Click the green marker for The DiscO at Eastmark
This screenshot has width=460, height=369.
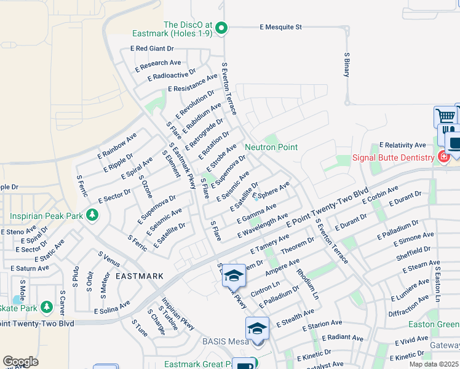(223, 27)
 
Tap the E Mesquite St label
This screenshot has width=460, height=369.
(281, 27)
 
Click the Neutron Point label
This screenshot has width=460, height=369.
(271, 147)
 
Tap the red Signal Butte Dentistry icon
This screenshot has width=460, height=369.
(443, 157)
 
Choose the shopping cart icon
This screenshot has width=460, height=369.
(445, 116)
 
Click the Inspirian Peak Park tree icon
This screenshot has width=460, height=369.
(92, 215)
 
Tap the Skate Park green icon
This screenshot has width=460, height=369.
(46, 306)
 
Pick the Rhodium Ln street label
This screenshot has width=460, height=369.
(307, 284)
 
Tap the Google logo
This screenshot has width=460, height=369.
(20, 362)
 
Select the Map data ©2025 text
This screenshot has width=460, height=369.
(434, 365)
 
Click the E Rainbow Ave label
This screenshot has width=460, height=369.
(117, 146)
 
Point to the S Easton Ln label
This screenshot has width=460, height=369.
(437, 283)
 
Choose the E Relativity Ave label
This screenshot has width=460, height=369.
(402, 145)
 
